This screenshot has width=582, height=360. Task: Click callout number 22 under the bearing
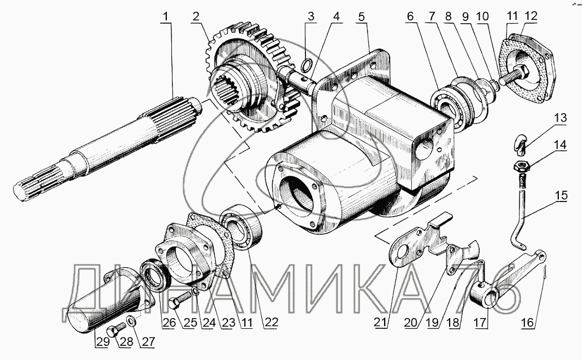click(x=271, y=323)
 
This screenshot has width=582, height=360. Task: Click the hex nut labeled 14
click(x=521, y=167)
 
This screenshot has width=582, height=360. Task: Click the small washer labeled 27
click(x=131, y=322)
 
